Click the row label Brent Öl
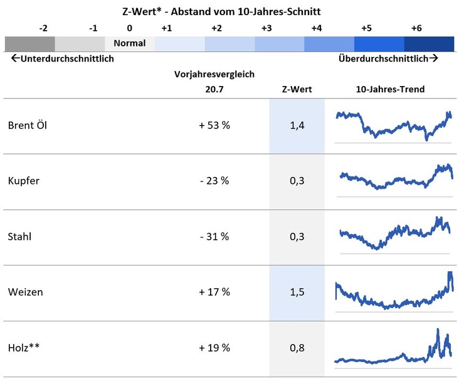28,126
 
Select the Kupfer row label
24,181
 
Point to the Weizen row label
26,292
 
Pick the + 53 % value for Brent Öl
214,126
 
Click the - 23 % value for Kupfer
214,181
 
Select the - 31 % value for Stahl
214,237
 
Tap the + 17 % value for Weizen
214,292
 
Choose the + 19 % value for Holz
214,348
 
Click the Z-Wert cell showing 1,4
297,126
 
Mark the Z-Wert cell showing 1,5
297,292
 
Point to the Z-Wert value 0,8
297,348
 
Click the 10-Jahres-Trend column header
390,89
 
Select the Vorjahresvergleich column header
214,74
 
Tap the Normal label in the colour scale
129,44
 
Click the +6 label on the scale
416,28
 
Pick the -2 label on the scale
43,28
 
